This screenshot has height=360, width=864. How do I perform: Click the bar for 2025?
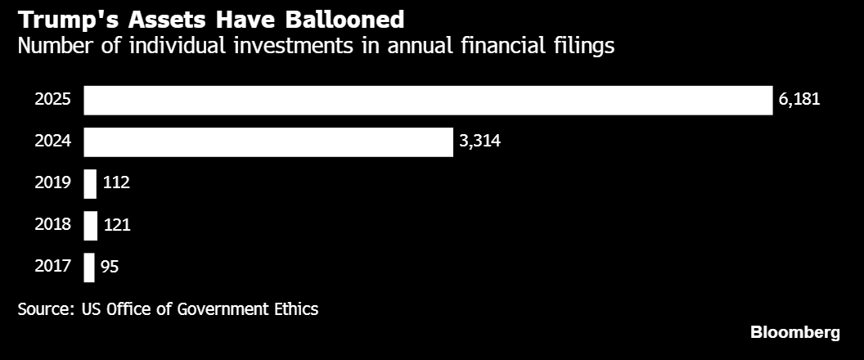(428, 101)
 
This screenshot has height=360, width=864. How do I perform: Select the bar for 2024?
(268, 142)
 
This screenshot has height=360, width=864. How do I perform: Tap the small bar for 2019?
(90, 184)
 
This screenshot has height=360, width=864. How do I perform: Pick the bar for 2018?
(90, 226)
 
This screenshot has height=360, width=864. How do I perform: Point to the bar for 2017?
(88, 268)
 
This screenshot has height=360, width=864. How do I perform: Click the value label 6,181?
(799, 100)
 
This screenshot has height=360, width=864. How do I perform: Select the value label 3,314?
(480, 142)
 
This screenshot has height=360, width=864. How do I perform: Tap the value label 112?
(116, 183)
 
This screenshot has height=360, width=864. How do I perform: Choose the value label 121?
(117, 225)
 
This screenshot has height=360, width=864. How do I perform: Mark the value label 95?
(110, 267)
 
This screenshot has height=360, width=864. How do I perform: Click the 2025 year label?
(53, 100)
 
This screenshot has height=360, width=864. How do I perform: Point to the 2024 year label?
(53, 142)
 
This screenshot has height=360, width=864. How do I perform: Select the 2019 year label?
(53, 183)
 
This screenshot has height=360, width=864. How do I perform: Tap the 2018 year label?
(53, 225)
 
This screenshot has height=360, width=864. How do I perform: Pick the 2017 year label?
(53, 267)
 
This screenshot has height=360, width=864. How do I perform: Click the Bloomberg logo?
(795, 333)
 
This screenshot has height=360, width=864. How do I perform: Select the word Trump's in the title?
(66, 20)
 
